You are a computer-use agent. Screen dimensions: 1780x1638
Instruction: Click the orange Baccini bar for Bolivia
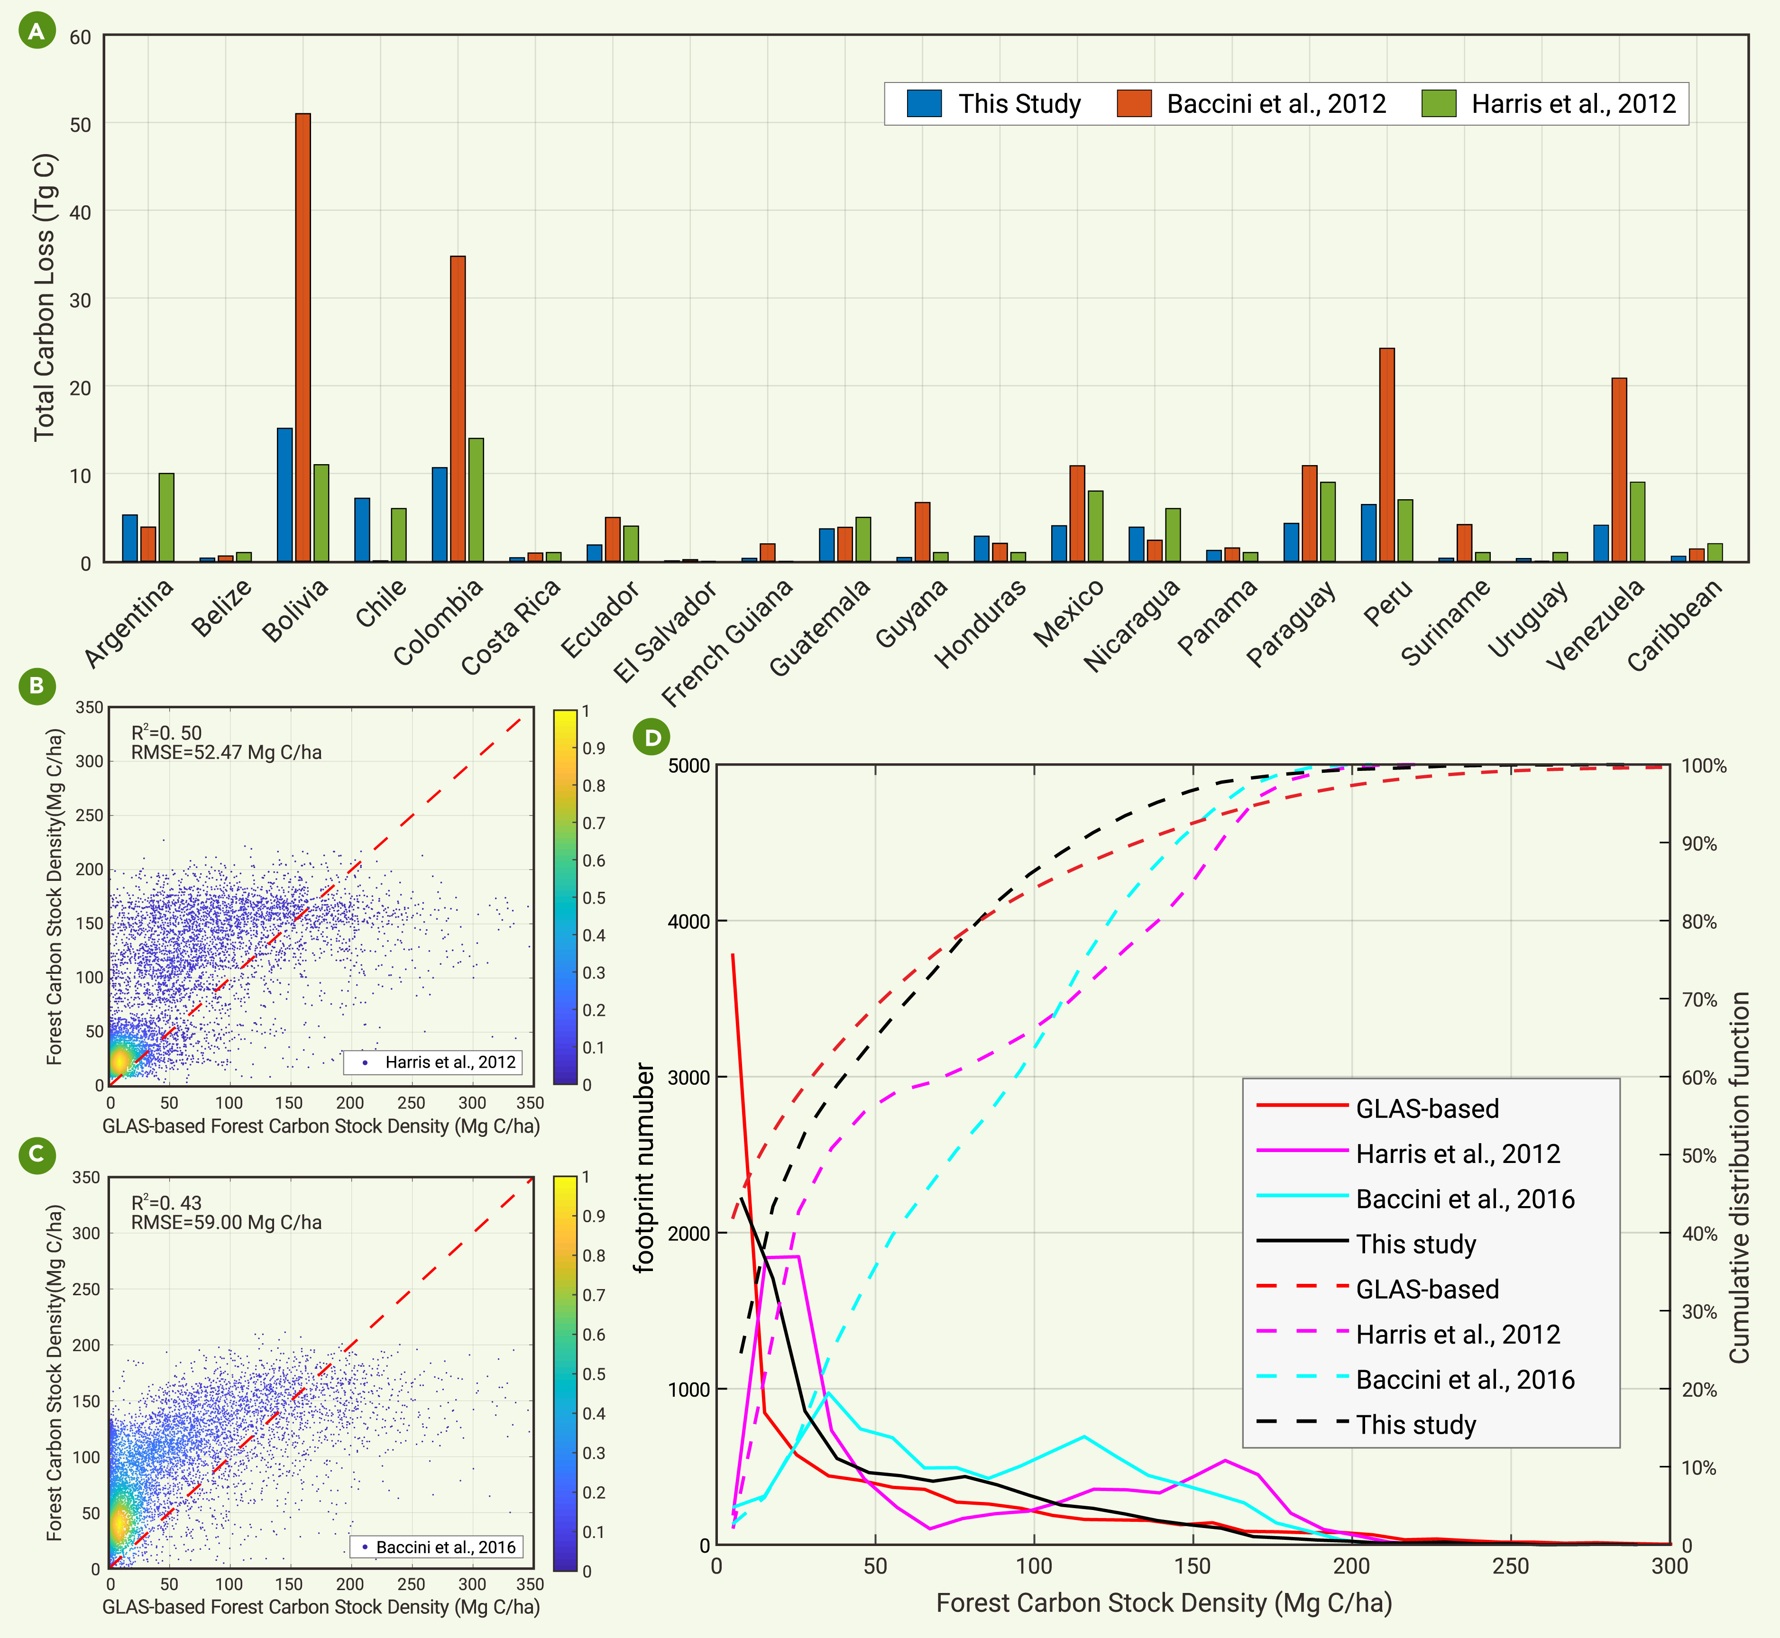[303, 338]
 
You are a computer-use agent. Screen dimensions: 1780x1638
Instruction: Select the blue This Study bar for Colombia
[440, 514]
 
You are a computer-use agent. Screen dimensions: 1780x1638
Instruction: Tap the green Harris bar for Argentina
[166, 518]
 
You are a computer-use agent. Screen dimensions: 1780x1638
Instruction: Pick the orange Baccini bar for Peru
[1387, 455]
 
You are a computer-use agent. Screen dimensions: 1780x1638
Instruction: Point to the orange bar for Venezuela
[1620, 470]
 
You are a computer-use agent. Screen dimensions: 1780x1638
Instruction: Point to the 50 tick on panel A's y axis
[81, 125]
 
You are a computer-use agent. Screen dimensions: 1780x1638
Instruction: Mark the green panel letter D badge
[652, 737]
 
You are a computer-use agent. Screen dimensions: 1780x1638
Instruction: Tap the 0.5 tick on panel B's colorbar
[594, 898]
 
